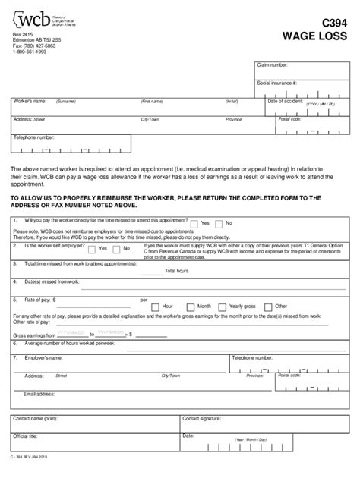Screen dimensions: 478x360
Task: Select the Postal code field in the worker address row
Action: click(319, 124)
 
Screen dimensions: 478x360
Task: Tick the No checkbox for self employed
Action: click(117, 247)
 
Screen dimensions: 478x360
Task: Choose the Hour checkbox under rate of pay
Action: click(156, 306)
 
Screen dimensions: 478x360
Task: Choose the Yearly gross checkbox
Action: click(223, 306)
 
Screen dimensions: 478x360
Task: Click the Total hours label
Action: click(177, 271)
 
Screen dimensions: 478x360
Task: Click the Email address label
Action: click(40, 395)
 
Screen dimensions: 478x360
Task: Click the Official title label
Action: click(26, 436)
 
